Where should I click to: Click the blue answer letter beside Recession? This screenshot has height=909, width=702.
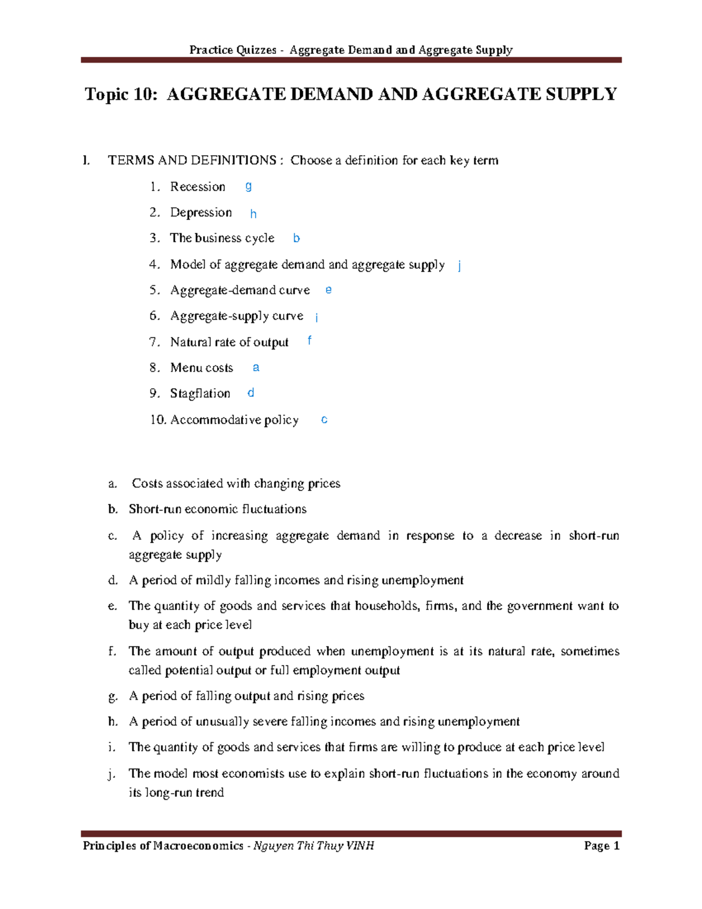click(x=249, y=186)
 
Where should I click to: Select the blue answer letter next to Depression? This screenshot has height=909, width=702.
click(x=253, y=214)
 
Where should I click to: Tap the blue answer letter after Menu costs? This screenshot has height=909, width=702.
click(x=256, y=368)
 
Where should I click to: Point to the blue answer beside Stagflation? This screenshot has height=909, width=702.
click(x=251, y=393)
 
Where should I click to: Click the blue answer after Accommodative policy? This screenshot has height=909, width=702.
click(x=325, y=420)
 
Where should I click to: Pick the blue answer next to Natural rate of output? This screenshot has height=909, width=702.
click(x=309, y=340)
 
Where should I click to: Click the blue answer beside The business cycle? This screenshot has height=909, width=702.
click(x=297, y=238)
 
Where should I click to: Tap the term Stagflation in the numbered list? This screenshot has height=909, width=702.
click(x=200, y=393)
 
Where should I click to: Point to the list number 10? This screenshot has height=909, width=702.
click(x=158, y=420)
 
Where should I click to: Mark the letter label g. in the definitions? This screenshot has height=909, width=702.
click(x=113, y=696)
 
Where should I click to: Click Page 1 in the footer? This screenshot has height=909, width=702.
click(x=601, y=846)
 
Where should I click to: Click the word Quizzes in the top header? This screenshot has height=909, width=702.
click(x=257, y=50)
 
